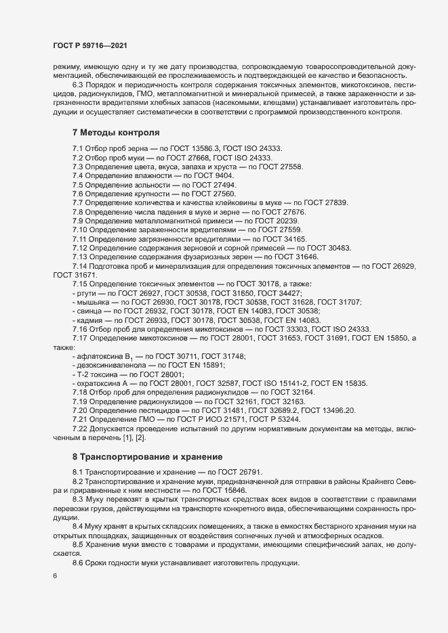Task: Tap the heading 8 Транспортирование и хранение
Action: (146, 457)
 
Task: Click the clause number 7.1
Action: (77, 148)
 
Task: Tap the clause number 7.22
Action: (80, 429)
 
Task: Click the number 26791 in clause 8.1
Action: (249, 472)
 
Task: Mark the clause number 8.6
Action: (77, 564)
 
